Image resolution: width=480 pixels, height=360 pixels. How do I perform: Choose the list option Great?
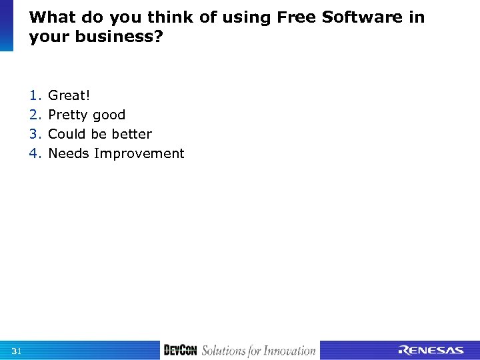click(x=69, y=95)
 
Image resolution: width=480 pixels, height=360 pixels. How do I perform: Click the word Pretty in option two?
click(x=68, y=115)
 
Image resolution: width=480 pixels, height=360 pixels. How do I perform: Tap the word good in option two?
click(x=109, y=115)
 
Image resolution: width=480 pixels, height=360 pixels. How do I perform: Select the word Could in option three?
click(x=66, y=134)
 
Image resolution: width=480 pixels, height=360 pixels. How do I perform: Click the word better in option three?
click(x=131, y=134)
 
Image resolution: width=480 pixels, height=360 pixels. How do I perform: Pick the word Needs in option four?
click(x=69, y=153)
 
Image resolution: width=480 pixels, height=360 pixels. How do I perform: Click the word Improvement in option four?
click(x=139, y=154)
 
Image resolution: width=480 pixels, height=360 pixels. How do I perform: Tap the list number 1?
click(x=35, y=95)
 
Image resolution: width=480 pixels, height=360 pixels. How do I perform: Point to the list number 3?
click(x=35, y=134)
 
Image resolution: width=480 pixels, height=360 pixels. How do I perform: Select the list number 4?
click(x=35, y=153)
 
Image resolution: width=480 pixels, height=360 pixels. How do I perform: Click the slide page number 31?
click(x=17, y=351)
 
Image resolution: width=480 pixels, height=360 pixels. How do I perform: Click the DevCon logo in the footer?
click(x=180, y=351)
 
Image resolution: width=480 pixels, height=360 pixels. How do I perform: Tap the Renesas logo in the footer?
click(x=431, y=351)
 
